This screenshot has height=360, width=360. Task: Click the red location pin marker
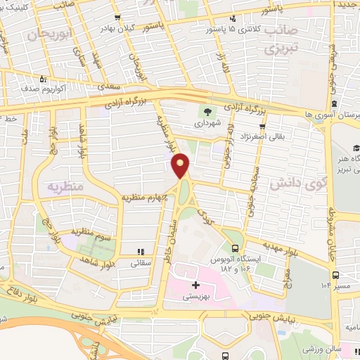click(x=181, y=167)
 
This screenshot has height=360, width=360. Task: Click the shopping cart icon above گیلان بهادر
click(x=126, y=15)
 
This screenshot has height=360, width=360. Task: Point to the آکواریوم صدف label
click(x=59, y=90)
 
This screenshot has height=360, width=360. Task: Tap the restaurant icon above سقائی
click(x=141, y=251)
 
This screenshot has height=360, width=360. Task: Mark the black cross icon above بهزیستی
click(x=195, y=285)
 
